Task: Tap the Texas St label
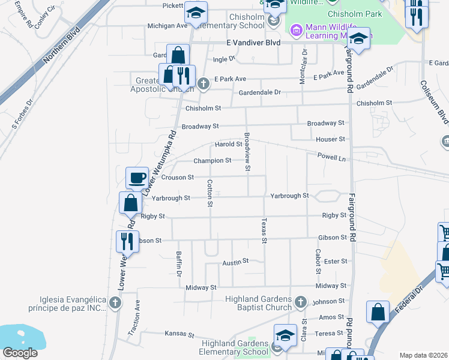(x=264, y=231)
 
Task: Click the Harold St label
(x=229, y=144)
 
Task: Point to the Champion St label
(x=212, y=161)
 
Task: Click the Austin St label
(x=235, y=262)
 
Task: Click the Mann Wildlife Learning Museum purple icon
(x=296, y=30)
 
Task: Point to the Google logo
(x=20, y=353)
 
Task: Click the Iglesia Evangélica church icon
(x=116, y=304)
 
